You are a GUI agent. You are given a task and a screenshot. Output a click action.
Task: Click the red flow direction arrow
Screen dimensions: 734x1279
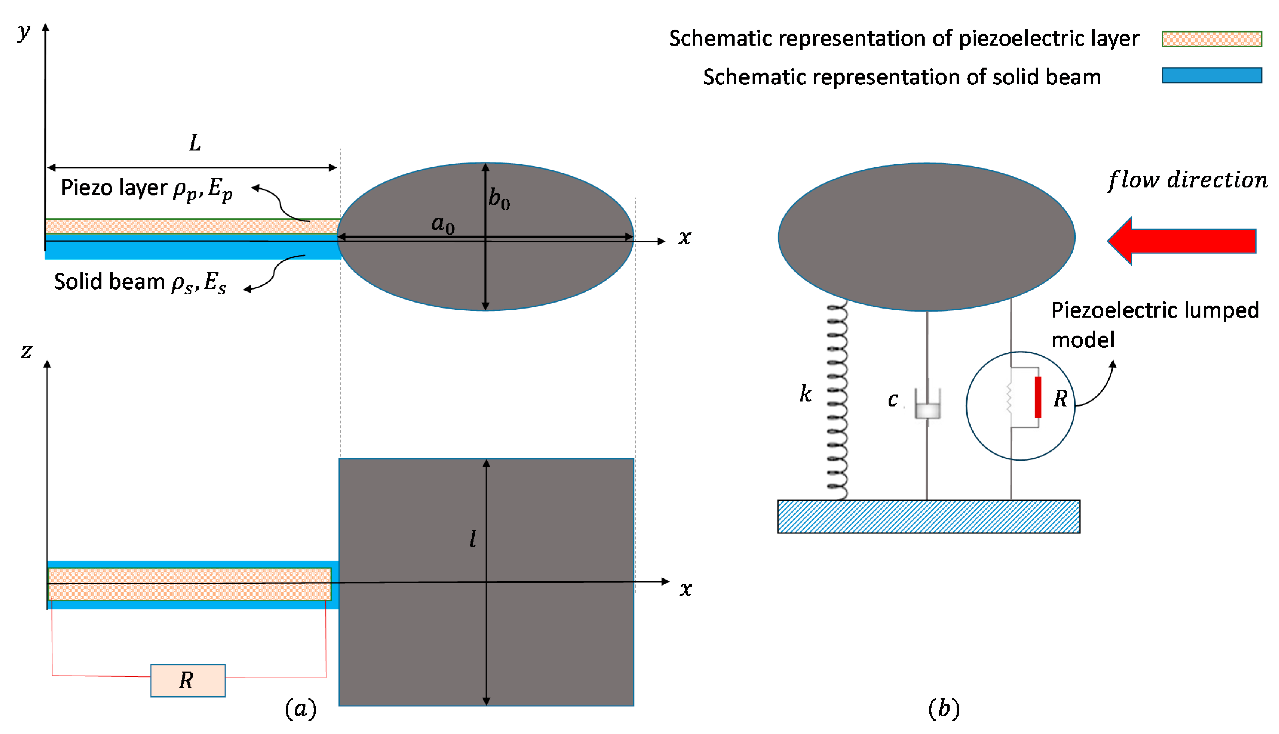pyautogui.click(x=1183, y=241)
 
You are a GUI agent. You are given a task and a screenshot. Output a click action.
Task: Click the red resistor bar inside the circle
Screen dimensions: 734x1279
pyautogui.click(x=1037, y=397)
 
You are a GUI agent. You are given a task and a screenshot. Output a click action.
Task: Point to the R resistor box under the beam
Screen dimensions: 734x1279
pyautogui.click(x=188, y=680)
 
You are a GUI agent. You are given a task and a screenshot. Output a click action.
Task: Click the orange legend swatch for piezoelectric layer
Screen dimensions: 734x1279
pyautogui.click(x=1212, y=39)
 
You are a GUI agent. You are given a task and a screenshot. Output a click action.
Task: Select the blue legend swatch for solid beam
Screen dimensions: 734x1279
pyautogui.click(x=1212, y=75)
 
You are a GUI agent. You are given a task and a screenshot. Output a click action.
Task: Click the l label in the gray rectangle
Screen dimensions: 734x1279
pyautogui.click(x=472, y=539)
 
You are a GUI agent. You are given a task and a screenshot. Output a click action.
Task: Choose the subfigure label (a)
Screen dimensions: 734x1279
pyautogui.click(x=301, y=709)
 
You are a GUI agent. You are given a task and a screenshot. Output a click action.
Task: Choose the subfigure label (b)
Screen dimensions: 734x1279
pyautogui.click(x=943, y=709)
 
